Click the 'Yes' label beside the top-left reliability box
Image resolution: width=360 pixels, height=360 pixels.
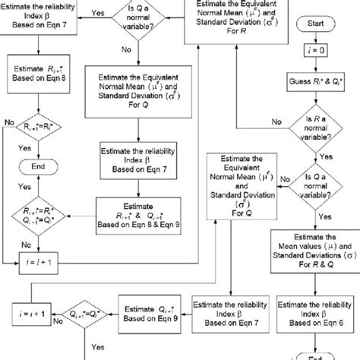[96, 13]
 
